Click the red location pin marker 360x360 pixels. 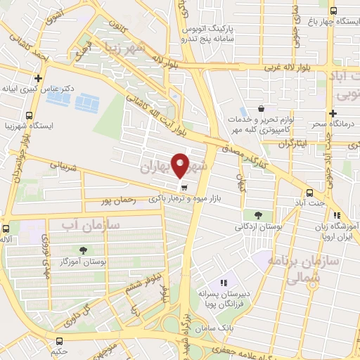[181, 164]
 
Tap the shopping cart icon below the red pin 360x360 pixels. [184, 188]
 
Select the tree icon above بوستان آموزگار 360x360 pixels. [84, 250]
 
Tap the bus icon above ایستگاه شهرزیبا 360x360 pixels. [28, 116]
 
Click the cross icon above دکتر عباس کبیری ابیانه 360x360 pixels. [38, 79]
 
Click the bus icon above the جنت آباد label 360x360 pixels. [309, 193]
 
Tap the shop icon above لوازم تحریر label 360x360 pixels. [261, 108]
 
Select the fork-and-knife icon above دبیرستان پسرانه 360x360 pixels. [224, 283]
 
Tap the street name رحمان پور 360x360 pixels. [117, 200]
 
